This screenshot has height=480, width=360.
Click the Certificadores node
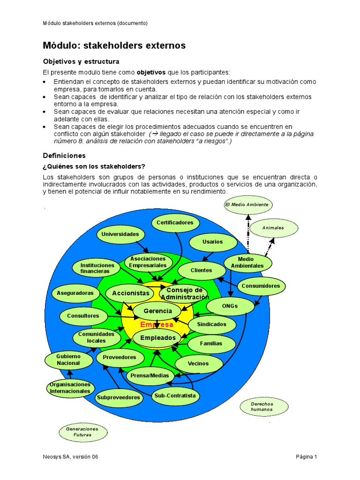point(175,223)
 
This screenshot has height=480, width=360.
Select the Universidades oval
point(120,234)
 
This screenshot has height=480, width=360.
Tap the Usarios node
point(212,242)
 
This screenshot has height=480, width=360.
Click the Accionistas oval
point(130,293)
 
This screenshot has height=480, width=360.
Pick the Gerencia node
point(157,311)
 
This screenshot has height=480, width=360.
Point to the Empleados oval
point(157,337)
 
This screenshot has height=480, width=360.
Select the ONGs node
point(230,306)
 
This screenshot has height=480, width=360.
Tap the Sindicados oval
point(211,324)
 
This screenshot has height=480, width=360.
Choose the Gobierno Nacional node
point(68,360)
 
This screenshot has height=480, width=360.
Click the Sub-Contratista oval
point(175,396)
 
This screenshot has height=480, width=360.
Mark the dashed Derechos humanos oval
point(262,406)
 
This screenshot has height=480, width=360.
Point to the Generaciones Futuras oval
point(82,432)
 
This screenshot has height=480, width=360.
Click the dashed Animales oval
point(273,228)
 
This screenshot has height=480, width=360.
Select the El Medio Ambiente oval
point(247,205)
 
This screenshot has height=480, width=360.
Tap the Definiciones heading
point(64,155)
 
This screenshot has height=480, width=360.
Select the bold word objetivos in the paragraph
point(151,72)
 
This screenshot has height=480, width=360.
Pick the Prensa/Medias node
point(150,375)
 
